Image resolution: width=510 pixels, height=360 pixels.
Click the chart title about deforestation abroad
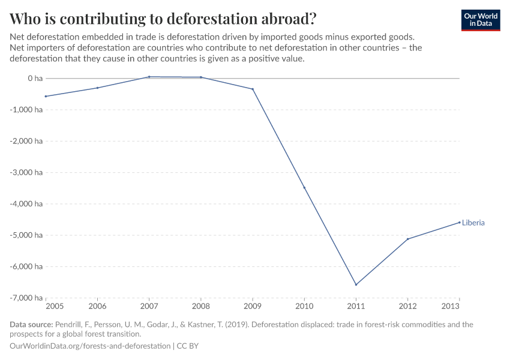click(x=163, y=18)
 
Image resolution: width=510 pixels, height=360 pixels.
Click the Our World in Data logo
click(x=480, y=20)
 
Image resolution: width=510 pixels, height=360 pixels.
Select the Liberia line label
click(x=473, y=223)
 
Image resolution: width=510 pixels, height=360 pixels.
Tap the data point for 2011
click(x=356, y=284)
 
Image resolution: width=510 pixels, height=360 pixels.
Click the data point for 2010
click(x=304, y=188)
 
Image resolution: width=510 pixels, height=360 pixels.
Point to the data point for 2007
click(x=149, y=77)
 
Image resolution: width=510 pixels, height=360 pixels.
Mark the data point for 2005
click(x=46, y=96)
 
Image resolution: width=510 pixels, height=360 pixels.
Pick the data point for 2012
click(x=408, y=239)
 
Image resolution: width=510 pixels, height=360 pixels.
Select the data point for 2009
click(x=253, y=89)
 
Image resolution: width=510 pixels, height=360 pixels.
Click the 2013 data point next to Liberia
click(x=460, y=222)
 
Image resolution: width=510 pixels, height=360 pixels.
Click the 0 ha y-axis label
click(x=34, y=79)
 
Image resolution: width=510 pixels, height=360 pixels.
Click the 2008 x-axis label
click(x=201, y=307)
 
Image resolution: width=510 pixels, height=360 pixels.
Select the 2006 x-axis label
click(x=97, y=307)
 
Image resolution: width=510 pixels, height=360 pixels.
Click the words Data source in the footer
click(x=31, y=325)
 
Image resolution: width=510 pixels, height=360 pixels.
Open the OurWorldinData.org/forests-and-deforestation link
click(x=90, y=346)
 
